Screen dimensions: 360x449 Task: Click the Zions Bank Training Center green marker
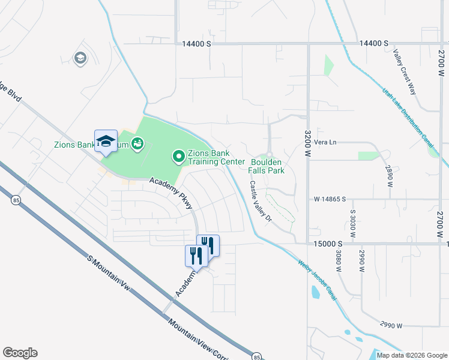pos(178,157)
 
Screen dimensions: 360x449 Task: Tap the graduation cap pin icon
pos(106,141)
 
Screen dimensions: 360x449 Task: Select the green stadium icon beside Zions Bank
pos(138,144)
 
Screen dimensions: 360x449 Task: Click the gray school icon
pos(80,58)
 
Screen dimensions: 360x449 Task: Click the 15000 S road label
pos(328,244)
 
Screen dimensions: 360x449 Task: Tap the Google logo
pos(20,353)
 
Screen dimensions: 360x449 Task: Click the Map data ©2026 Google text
pos(412,355)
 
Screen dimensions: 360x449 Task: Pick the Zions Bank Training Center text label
pos(217,157)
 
